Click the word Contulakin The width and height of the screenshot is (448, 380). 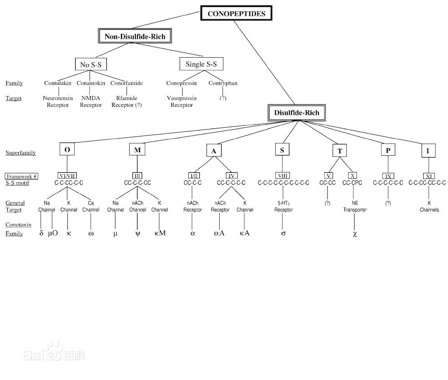57,83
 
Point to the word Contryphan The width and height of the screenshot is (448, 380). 223,83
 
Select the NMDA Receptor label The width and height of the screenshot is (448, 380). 91,101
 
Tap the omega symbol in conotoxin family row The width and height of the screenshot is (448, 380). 91,234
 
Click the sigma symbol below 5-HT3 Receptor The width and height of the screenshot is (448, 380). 284,233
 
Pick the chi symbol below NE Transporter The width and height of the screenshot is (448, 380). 355,234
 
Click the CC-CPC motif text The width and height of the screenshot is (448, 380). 352,182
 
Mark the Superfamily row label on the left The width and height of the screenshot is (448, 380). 20,153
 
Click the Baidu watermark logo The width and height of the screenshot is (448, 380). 54,352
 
